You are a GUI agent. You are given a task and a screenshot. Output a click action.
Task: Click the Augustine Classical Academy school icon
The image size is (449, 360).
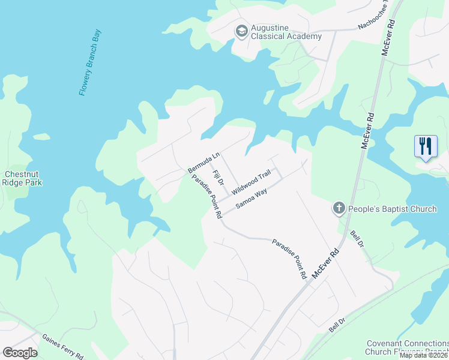[241, 31]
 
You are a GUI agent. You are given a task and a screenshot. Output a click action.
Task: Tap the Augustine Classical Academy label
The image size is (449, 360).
[286, 32]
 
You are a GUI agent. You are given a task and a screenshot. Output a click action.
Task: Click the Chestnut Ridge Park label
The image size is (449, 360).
[22, 178]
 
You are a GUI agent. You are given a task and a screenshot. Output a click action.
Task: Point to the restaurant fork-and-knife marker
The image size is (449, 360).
[426, 146]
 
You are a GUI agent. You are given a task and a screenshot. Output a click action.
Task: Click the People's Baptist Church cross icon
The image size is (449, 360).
[339, 209]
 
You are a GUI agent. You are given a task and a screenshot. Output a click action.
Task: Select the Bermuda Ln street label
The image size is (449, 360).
[204, 162]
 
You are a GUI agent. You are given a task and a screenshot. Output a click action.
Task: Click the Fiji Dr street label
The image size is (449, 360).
[218, 178]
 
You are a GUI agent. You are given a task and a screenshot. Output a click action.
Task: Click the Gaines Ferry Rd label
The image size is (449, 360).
[62, 347]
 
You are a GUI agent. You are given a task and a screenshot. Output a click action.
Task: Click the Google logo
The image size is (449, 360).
[20, 353]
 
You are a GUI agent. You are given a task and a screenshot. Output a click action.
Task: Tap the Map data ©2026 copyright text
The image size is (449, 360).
[423, 355]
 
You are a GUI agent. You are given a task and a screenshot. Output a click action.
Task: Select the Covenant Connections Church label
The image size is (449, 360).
[407, 347]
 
